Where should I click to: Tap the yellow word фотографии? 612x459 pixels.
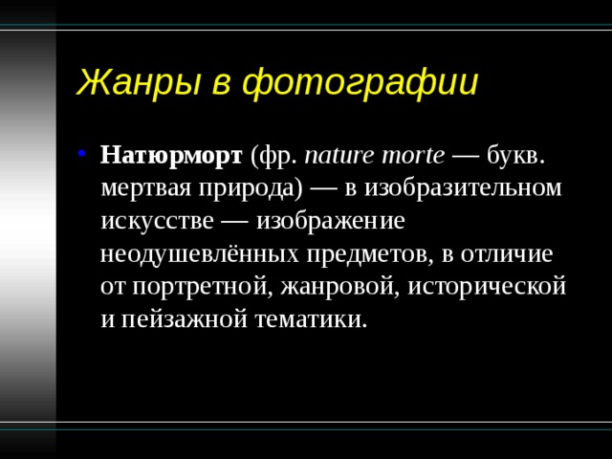click(361, 83)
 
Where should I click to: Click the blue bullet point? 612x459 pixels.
click(81, 153)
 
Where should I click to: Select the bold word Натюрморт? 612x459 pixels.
click(171, 156)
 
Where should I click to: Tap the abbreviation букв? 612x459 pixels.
click(515, 155)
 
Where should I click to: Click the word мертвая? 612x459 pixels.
click(146, 189)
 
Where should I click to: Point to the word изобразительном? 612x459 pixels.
click(463, 188)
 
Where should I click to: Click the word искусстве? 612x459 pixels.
click(157, 222)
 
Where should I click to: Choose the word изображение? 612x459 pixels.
click(330, 222)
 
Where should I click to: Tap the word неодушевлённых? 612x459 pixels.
click(199, 254)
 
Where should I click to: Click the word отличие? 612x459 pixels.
click(507, 254)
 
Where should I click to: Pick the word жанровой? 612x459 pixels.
click(339, 287)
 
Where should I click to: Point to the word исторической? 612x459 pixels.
click(487, 287)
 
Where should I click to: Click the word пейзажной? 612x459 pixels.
click(185, 319)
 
